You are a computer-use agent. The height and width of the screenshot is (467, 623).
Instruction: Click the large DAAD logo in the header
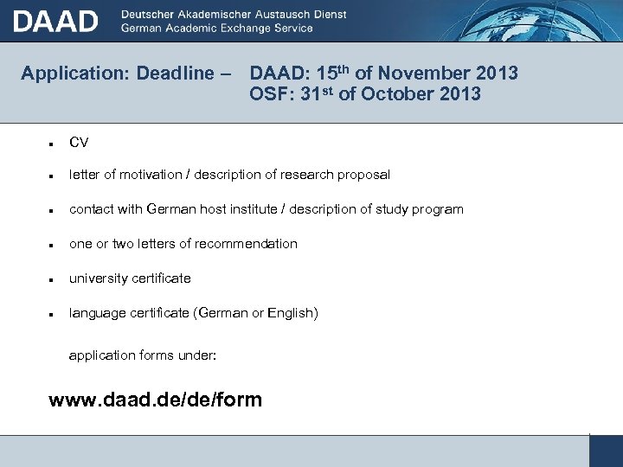pyautogui.click(x=55, y=21)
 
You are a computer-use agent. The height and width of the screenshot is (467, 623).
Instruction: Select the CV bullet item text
pyautogui.click(x=79, y=142)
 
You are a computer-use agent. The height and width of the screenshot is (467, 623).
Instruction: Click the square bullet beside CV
pyautogui.click(x=53, y=143)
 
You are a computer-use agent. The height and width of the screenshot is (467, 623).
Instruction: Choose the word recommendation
pyautogui.click(x=247, y=244)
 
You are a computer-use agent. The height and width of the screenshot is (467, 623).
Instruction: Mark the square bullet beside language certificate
pyautogui.click(x=53, y=314)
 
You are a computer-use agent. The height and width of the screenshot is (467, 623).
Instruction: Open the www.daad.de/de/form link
pyautogui.click(x=155, y=400)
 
